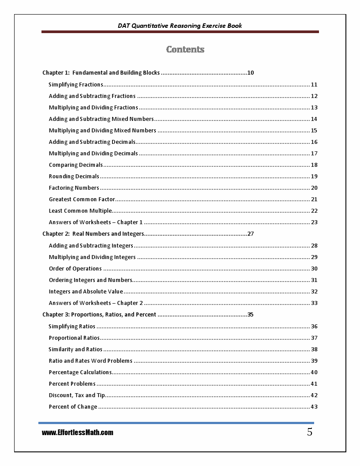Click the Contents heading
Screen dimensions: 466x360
(x=185, y=49)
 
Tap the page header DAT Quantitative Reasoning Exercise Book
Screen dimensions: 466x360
(x=180, y=26)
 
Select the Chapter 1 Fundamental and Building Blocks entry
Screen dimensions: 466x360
(x=101, y=73)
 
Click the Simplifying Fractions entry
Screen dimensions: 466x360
(x=76, y=85)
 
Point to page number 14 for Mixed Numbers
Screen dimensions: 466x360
(x=314, y=119)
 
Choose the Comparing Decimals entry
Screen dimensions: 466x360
(x=76, y=165)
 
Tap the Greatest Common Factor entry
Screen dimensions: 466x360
(x=82, y=199)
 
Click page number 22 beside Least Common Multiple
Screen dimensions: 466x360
(x=314, y=211)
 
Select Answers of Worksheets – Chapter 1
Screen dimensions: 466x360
(x=96, y=222)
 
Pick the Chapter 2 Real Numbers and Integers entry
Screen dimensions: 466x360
(x=93, y=234)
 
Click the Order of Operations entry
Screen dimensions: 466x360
(x=75, y=269)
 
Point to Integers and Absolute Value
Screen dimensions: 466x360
(x=86, y=292)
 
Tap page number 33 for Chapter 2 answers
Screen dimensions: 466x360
(x=314, y=303)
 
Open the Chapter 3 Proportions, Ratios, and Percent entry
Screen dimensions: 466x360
(x=99, y=315)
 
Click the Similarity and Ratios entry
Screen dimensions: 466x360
(x=75, y=349)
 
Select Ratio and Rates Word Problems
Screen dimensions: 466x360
(x=90, y=361)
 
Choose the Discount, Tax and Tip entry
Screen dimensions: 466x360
(x=77, y=395)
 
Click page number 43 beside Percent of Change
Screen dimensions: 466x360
(x=314, y=407)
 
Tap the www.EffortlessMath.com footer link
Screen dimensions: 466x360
(x=78, y=433)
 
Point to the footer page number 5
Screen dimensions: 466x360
(x=310, y=432)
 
